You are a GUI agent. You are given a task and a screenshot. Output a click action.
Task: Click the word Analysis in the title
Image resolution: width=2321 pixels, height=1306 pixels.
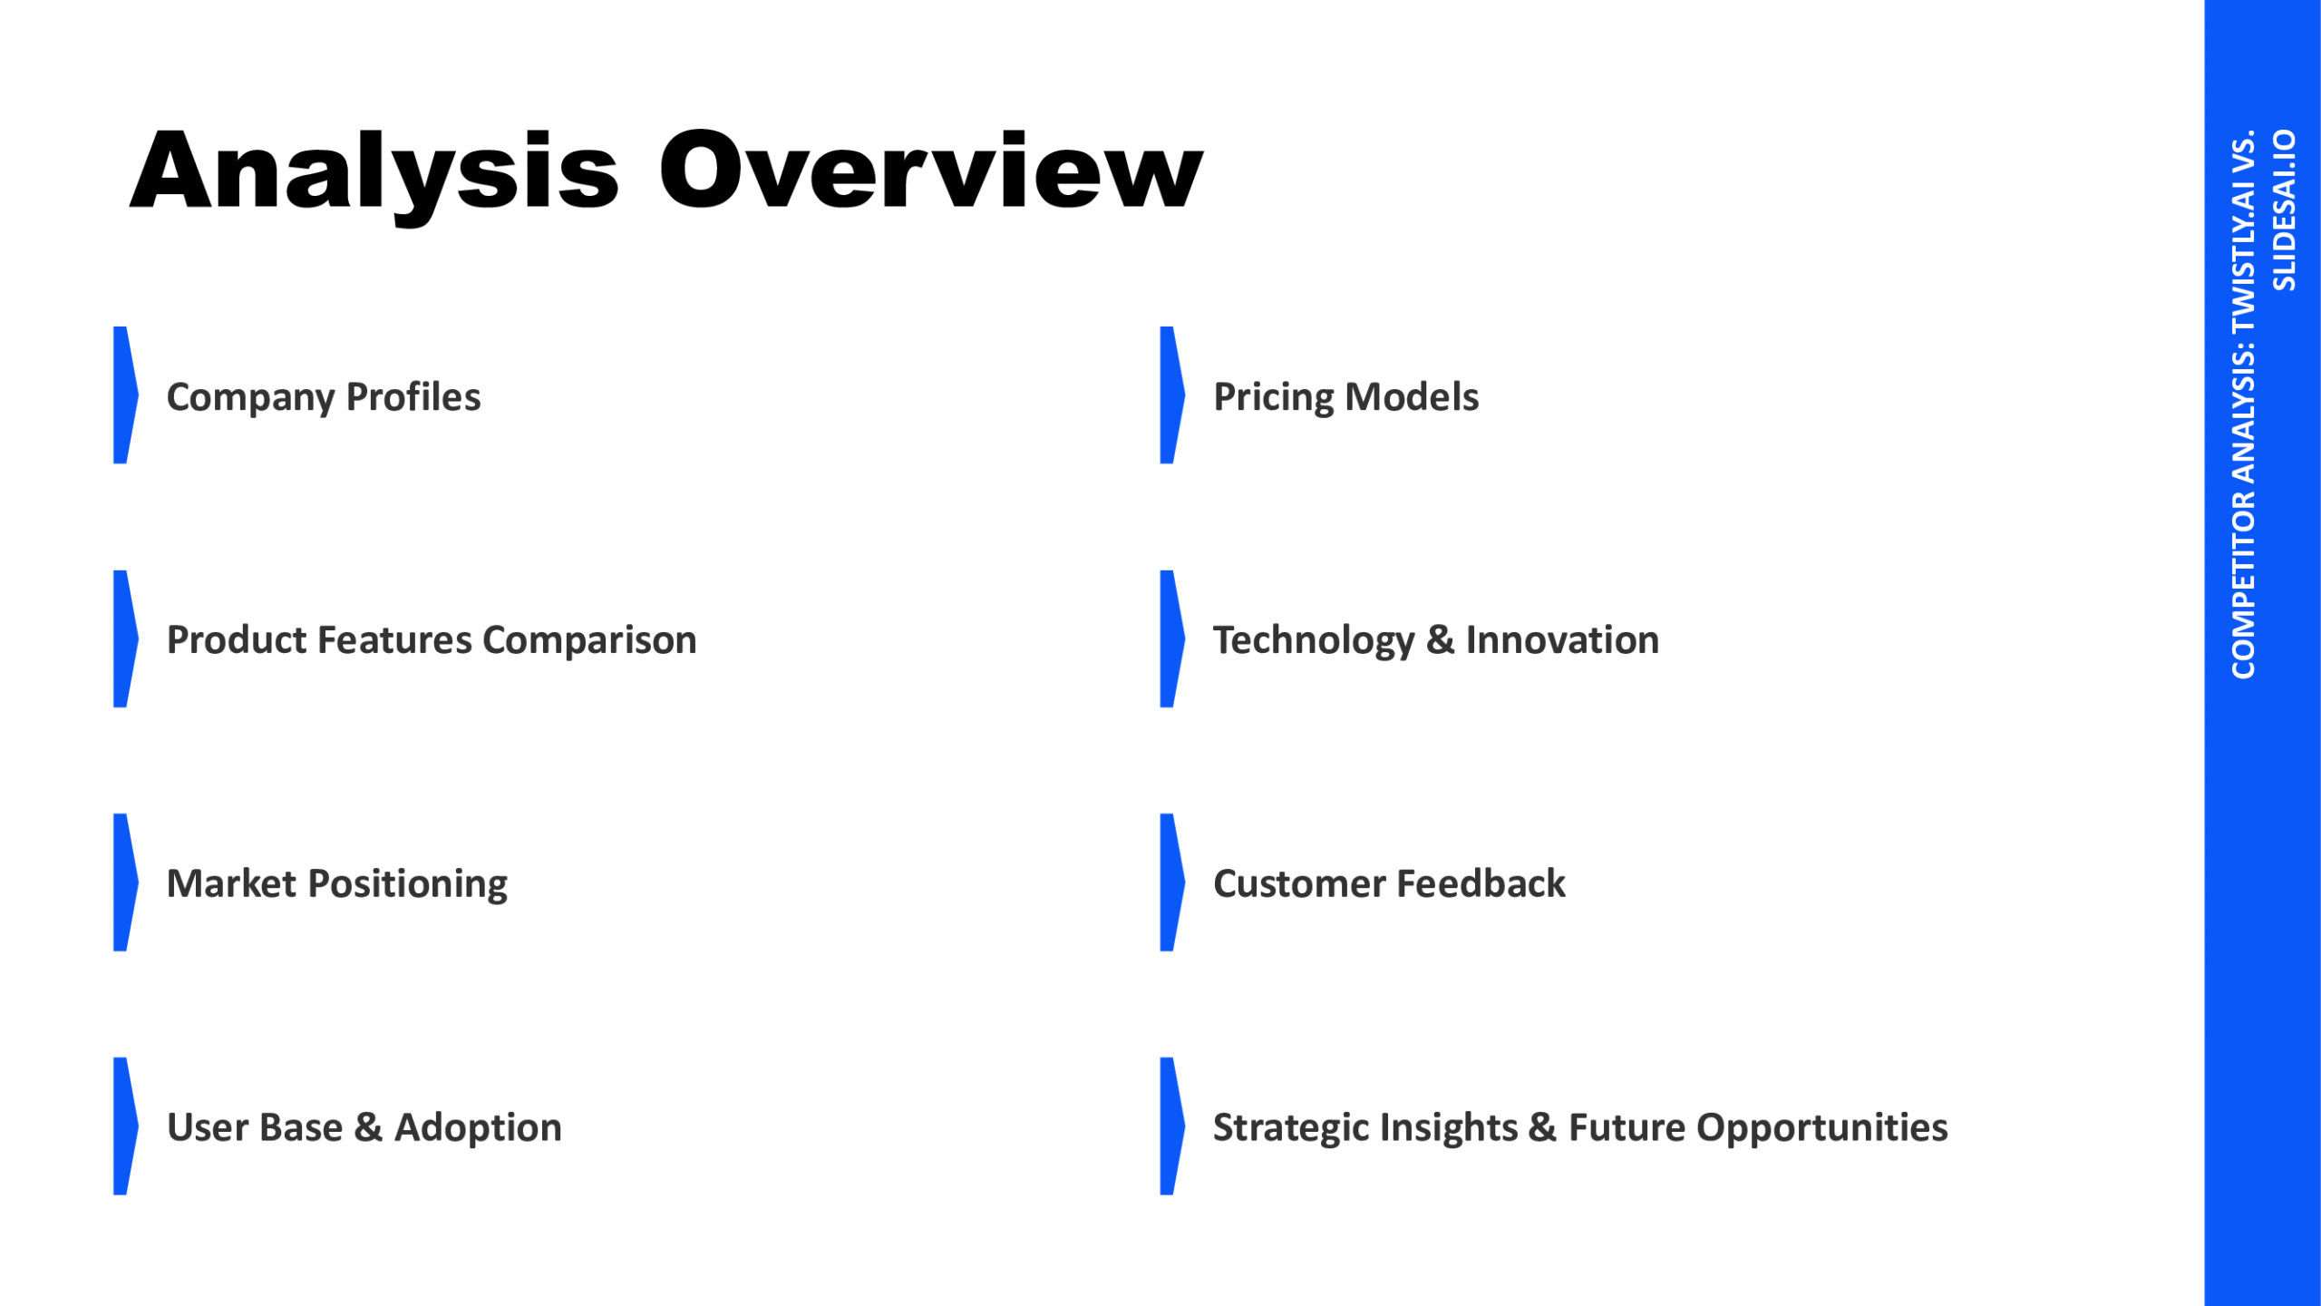[374, 173]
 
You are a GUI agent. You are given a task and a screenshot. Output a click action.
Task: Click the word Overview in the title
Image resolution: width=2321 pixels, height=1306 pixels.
[931, 169]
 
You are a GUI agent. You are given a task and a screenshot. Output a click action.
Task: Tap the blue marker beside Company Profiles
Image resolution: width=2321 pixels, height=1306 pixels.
[125, 395]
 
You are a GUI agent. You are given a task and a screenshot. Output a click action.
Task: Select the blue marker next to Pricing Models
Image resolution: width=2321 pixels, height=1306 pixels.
[1172, 395]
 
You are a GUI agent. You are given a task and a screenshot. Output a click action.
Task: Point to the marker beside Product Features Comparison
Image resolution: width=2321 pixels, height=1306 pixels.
[125, 638]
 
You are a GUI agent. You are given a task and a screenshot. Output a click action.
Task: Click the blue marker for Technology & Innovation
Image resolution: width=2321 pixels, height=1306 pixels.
[1172, 638]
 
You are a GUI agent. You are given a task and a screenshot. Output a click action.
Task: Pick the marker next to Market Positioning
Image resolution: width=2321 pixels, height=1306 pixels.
[125, 882]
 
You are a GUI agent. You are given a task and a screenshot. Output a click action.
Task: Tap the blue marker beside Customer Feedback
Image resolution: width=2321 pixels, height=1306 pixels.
[1172, 882]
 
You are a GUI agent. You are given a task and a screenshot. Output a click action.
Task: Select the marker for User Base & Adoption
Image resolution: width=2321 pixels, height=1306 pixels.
[125, 1126]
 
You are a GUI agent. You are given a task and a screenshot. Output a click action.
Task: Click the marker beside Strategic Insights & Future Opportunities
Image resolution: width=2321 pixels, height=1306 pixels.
[1172, 1126]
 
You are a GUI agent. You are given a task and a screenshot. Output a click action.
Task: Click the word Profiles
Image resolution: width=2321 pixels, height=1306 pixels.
[413, 397]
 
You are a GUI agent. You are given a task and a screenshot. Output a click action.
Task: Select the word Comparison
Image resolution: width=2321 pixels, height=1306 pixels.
[590, 641]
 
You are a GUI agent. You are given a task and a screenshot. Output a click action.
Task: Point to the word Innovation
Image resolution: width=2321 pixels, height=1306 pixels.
[1563, 640]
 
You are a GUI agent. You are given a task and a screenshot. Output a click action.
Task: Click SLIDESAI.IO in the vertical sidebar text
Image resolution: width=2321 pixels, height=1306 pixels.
[2285, 210]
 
